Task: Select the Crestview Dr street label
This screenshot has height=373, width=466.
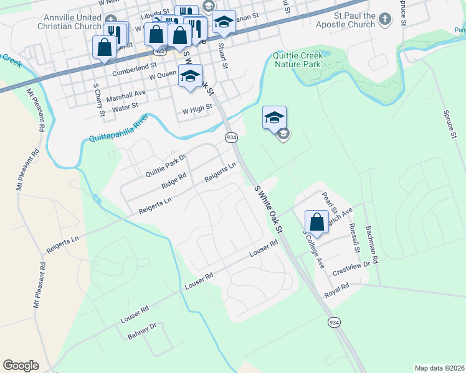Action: tap(352, 264)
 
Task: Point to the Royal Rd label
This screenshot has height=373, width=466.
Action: tap(336, 292)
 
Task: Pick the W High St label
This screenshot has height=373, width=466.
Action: tap(197, 109)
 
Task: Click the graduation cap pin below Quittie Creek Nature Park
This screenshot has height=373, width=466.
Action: tap(274, 117)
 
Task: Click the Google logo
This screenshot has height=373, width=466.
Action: tap(21, 366)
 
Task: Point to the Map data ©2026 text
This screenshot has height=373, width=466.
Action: tap(439, 368)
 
